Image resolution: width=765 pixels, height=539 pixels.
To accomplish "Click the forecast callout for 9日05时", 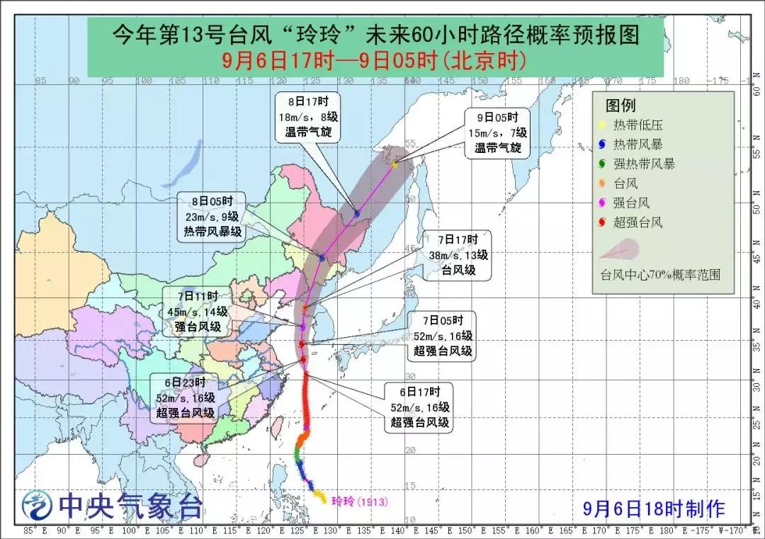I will [x=497, y=132].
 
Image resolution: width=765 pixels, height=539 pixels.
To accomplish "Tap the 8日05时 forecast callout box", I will [x=210, y=217].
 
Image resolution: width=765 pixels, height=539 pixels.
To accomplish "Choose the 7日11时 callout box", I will [x=198, y=312].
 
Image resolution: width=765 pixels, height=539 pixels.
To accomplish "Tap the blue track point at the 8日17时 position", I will [x=357, y=213].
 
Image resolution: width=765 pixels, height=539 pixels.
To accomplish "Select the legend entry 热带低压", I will [x=640, y=125].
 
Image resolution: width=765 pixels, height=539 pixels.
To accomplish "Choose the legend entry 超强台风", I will [x=640, y=222].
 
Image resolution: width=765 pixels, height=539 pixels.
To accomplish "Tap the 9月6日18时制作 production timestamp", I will [x=653, y=508].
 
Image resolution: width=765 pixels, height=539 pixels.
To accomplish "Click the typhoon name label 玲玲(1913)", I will [x=362, y=501].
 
